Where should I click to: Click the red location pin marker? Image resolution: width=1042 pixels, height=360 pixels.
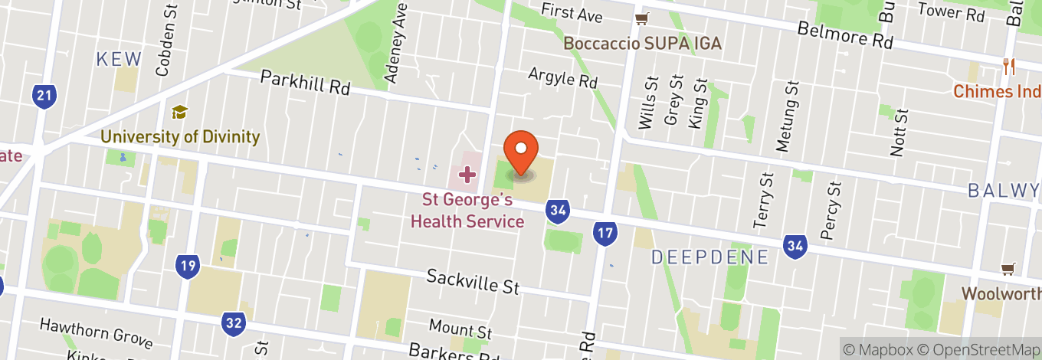tap(521, 152)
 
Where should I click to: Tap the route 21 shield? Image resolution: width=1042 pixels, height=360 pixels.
tap(44, 97)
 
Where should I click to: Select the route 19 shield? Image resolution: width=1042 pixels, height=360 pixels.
tap(186, 267)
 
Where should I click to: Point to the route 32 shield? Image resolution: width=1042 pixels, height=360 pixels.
tap(234, 322)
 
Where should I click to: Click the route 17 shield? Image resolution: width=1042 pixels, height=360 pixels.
tap(605, 234)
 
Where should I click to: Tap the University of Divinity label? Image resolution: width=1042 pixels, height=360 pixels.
tap(180, 138)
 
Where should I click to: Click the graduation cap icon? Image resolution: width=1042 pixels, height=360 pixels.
tap(179, 113)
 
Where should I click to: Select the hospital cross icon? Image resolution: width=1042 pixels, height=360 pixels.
tap(467, 175)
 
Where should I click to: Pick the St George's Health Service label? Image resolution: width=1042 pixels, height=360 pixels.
tap(467, 211)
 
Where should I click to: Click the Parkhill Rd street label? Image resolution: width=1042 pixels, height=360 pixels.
tap(305, 83)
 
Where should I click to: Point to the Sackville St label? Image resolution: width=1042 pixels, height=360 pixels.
tap(473, 281)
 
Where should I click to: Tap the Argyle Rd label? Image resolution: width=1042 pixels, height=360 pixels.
tap(562, 77)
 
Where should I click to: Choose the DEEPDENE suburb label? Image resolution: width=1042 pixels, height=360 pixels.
tap(709, 257)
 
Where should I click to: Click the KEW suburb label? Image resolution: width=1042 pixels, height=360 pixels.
tap(119, 59)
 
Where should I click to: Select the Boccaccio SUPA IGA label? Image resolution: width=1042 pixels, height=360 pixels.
tap(643, 43)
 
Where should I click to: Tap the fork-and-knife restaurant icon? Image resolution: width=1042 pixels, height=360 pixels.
tap(1009, 67)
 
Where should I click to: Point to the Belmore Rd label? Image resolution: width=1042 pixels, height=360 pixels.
tap(845, 35)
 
